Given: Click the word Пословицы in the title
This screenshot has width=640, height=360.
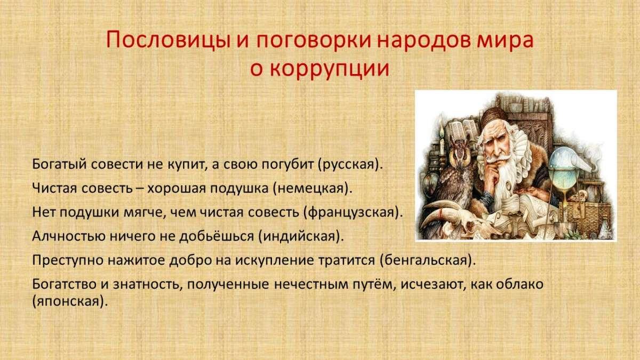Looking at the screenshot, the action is pos(169,41).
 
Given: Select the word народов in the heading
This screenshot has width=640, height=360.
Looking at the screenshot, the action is pos(425,41).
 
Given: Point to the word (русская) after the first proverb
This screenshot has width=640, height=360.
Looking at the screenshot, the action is pos(350,165).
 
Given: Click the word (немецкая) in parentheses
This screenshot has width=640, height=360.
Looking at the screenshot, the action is pos(313,189).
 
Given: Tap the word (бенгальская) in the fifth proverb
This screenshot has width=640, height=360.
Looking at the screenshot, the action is pos(428,260).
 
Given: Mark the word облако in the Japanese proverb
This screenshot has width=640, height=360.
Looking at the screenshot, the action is pos(519,284).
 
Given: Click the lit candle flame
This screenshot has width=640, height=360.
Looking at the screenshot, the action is pos(442,131).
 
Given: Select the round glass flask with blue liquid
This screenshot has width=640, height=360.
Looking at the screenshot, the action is pos(562,169).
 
